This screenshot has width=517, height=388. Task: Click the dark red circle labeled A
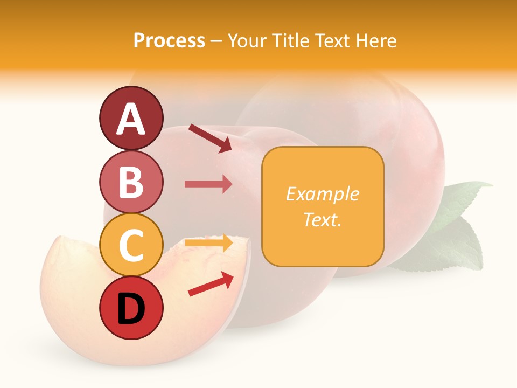tap(131, 118)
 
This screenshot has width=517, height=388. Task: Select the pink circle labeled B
tap(131, 182)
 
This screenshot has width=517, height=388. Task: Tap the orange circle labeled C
tap(131, 245)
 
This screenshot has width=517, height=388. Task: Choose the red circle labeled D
tap(131, 308)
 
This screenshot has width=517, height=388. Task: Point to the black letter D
tap(131, 309)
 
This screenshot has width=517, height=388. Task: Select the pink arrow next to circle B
tap(208, 184)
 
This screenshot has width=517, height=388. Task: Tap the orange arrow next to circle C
tap(208, 243)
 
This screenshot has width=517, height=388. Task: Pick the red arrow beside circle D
tap(211, 284)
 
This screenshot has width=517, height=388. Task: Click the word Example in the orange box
tap(322, 194)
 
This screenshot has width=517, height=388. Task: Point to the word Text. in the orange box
tap(322, 219)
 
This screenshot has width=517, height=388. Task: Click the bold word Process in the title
tap(169, 40)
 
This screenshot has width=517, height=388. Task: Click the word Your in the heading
tap(247, 40)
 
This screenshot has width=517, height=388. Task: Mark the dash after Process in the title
tap(216, 41)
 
